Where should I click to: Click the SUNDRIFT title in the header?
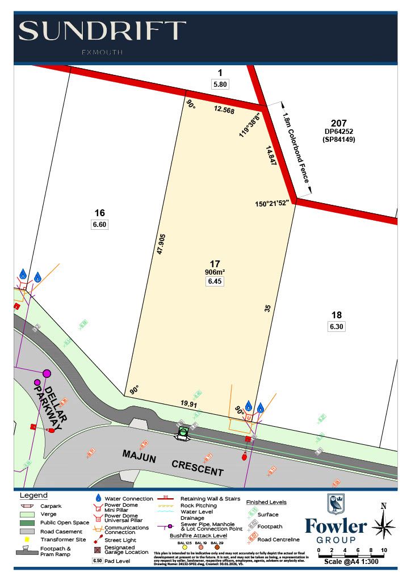tap(102, 31)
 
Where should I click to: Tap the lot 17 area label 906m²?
tap(215, 272)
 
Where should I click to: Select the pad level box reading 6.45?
tap(215, 281)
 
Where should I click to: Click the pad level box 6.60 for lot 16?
tap(99, 224)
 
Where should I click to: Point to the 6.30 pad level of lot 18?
tap(337, 326)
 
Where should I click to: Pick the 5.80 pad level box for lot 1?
tap(220, 84)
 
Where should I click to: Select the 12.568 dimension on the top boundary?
tap(224, 111)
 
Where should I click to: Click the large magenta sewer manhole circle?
tap(47, 373)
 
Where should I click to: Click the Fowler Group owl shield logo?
tap(335, 504)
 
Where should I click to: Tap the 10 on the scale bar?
tap(384, 550)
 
